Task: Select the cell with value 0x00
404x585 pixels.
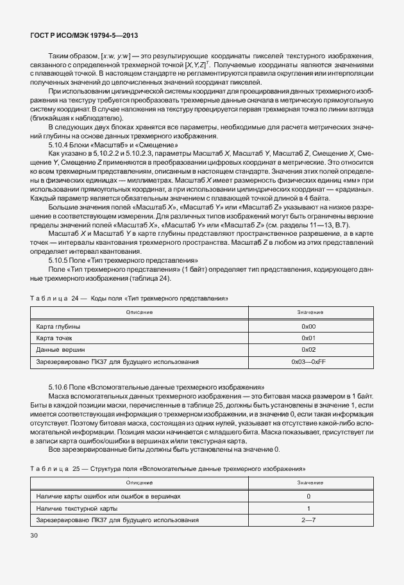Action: [x=308, y=326]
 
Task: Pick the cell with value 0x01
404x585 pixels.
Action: [x=308, y=338]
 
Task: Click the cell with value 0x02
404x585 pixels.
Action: [x=308, y=350]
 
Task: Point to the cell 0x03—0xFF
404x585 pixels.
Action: [x=308, y=362]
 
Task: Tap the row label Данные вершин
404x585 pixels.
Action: [x=57, y=350]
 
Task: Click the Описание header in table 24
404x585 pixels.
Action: [x=139, y=312]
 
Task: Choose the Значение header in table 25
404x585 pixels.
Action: [x=308, y=482]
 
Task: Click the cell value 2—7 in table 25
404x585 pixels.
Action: [x=308, y=520]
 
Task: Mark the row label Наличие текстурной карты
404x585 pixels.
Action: [x=76, y=508]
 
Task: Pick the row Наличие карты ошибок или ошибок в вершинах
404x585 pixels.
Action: [x=108, y=496]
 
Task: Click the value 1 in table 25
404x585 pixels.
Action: [x=308, y=508]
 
